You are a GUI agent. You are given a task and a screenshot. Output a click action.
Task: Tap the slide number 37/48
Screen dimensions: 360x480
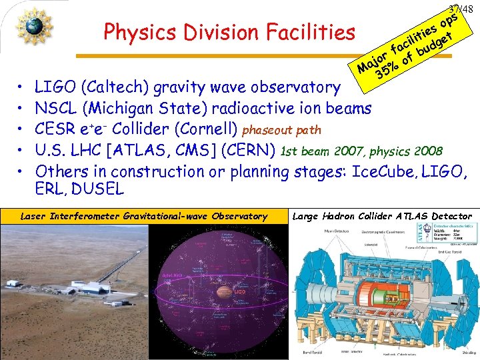[461, 9]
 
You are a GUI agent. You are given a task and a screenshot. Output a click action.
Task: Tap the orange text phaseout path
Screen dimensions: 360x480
[281, 129]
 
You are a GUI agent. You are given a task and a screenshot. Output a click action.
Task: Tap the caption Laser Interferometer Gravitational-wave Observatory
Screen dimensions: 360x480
[143, 216]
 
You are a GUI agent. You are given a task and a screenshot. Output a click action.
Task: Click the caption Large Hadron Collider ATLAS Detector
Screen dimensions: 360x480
[383, 216]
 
